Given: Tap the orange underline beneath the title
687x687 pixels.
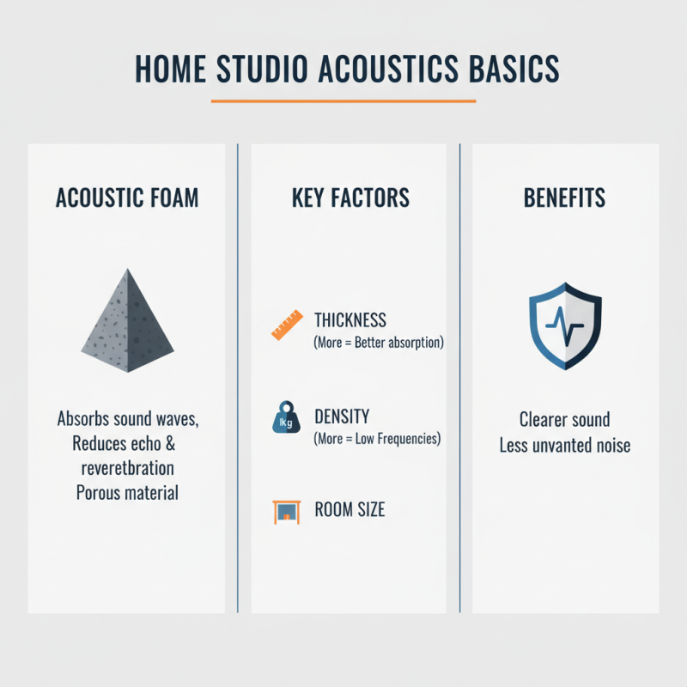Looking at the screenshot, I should (x=343, y=101).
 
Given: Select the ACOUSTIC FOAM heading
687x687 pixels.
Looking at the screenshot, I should (x=127, y=198).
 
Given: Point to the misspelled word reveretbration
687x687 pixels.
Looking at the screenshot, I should (x=127, y=469).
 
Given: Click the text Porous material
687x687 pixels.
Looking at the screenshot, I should (x=127, y=493).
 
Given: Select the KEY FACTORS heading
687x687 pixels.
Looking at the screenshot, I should (x=350, y=198).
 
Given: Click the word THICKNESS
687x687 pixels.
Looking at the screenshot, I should (x=350, y=320).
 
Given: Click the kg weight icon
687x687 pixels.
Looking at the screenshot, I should (x=284, y=419).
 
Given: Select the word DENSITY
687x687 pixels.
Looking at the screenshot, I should (x=342, y=416).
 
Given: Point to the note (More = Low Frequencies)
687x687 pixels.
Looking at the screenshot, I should (x=377, y=439).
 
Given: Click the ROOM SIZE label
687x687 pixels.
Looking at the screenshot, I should (x=350, y=510).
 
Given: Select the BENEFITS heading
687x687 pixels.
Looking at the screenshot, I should (x=564, y=198).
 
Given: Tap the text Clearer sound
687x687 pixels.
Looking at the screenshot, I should (x=564, y=420).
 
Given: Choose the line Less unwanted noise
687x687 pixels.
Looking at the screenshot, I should (x=564, y=445).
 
